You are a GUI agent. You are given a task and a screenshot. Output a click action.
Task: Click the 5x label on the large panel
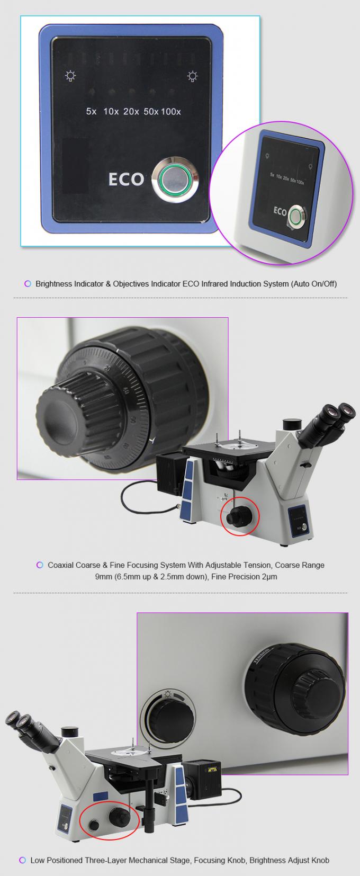[x=91, y=112]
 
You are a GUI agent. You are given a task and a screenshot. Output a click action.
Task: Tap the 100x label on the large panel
[x=171, y=112]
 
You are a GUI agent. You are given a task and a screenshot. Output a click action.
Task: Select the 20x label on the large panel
[x=131, y=112]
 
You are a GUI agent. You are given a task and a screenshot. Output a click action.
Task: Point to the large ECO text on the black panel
[x=126, y=179]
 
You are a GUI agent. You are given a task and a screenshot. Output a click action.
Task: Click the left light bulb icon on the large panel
[x=69, y=76]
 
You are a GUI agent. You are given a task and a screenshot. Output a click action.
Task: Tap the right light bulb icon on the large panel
[x=193, y=77]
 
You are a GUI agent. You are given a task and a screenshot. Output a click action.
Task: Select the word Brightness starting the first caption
[x=52, y=283]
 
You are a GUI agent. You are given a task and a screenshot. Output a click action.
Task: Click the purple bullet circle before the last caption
[x=23, y=860]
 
